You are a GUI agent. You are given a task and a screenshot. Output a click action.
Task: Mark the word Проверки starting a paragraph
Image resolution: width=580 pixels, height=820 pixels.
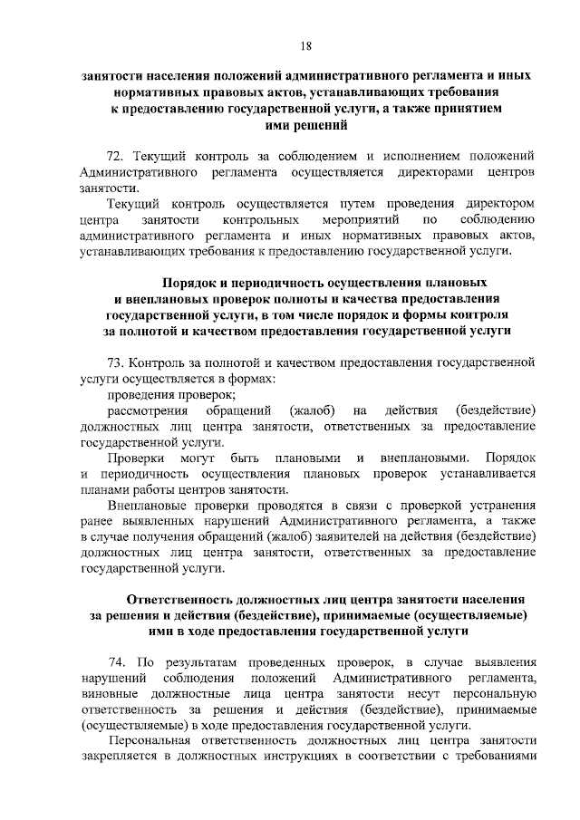(x=133, y=459)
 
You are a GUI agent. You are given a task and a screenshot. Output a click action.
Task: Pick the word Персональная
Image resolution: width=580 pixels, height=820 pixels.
(x=152, y=743)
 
